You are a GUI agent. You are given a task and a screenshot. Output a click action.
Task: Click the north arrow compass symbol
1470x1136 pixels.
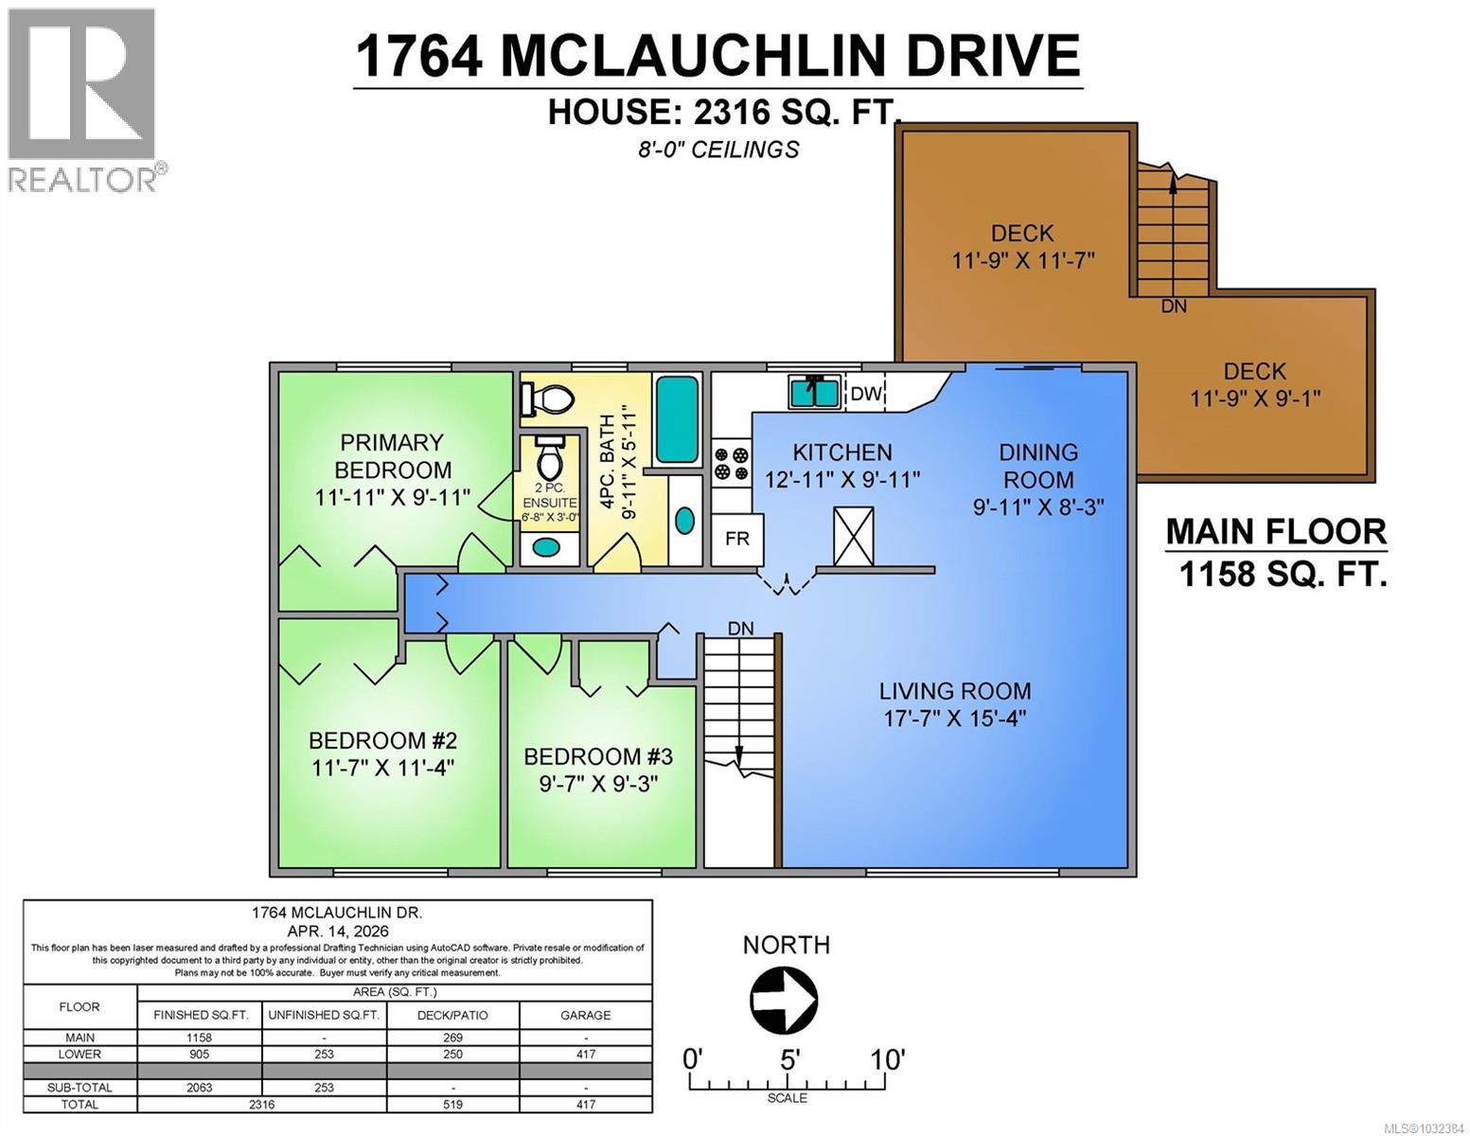[784, 998]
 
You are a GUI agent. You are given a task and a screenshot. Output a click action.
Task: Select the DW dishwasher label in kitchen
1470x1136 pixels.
[865, 394]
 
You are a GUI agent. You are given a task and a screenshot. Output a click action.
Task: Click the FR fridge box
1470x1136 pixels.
[737, 539]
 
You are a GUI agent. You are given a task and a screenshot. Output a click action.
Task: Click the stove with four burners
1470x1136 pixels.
[731, 463]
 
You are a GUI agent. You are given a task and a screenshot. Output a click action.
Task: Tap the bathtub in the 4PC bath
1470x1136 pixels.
[676, 419]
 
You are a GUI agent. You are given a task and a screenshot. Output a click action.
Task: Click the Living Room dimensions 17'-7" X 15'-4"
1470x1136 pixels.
[954, 718]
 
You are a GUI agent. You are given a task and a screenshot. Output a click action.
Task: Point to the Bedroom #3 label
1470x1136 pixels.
[597, 756]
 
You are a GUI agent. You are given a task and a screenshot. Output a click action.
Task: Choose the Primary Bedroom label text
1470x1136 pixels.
[392, 455]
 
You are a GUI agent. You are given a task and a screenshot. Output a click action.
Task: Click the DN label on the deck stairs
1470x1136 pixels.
[1173, 306]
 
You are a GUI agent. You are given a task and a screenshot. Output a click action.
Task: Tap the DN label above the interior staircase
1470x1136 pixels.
[740, 628]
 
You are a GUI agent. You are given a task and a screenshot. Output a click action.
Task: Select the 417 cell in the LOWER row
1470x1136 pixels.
[585, 1054]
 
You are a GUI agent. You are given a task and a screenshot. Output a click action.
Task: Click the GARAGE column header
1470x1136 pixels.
[585, 1015]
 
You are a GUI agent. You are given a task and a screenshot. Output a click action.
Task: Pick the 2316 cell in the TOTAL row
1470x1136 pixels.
[261, 1104]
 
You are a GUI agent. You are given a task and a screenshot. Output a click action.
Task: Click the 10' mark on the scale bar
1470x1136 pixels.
[887, 1058]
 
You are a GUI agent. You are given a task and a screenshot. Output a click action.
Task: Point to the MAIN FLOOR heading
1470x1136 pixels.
[1275, 531]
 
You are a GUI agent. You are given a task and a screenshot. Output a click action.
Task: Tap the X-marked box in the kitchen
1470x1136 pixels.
[853, 537]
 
